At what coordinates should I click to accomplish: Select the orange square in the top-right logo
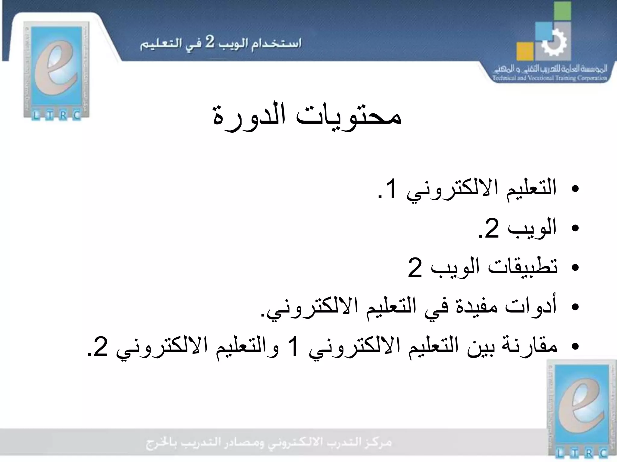(x=525, y=51)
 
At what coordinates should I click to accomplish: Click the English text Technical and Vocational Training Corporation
(x=549, y=78)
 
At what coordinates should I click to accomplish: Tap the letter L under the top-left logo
(x=35, y=115)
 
